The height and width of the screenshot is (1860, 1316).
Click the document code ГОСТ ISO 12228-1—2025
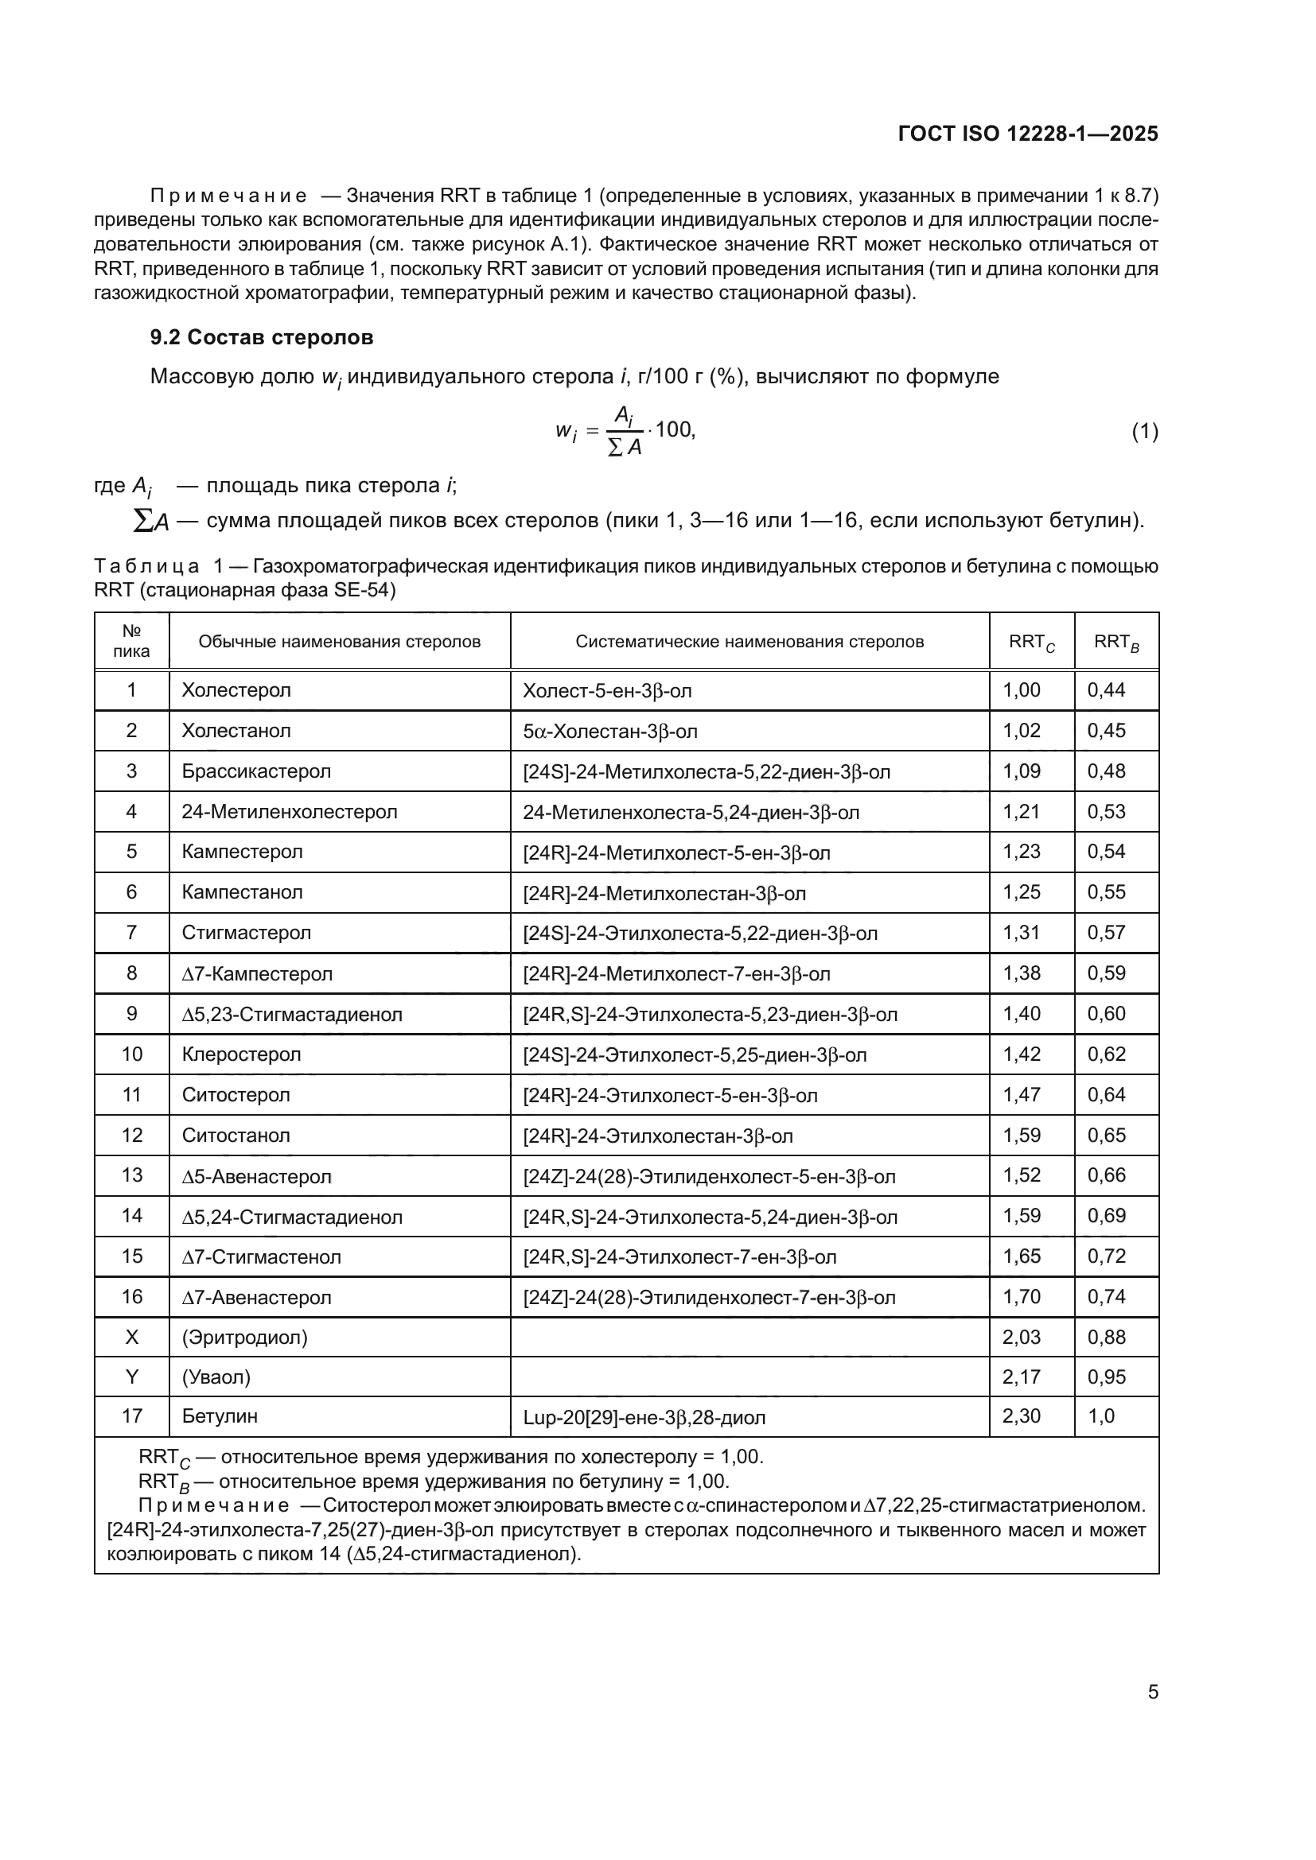point(1027,134)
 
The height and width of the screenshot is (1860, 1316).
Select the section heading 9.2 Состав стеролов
point(262,338)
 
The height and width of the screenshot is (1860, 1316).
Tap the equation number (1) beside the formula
point(1144,432)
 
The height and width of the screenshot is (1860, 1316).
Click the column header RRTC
point(1030,643)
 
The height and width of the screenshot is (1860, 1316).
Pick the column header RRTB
point(1115,643)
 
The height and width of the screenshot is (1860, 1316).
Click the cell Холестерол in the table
point(236,690)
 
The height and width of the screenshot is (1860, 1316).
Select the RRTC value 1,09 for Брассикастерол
point(1021,771)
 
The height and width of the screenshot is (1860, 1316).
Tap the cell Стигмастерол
point(247,933)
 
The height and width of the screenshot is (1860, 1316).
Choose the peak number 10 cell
point(131,1054)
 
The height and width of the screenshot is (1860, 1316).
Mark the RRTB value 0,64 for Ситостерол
point(1106,1094)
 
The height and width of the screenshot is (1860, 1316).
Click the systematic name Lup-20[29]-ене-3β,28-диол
point(644,1417)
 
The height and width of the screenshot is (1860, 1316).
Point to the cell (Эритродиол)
point(245,1337)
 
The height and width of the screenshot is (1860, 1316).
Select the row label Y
point(131,1377)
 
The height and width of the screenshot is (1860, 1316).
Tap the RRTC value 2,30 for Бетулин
point(1021,1416)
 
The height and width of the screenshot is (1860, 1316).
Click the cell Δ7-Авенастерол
point(256,1297)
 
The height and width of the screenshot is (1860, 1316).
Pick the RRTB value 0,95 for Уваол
point(1106,1377)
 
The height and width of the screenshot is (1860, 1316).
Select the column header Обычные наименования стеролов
point(340,642)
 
